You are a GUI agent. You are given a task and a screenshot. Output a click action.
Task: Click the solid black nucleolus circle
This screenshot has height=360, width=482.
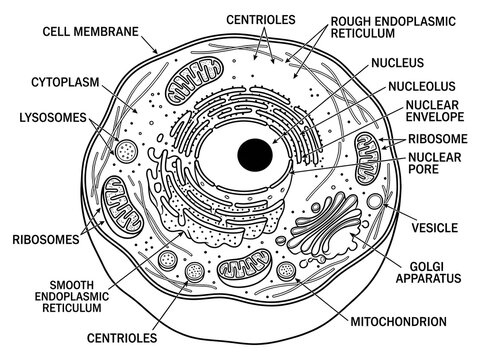255,155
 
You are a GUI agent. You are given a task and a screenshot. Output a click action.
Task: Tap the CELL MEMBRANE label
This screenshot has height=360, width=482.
90,32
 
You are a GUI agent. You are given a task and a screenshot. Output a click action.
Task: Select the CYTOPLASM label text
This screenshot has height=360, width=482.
65,82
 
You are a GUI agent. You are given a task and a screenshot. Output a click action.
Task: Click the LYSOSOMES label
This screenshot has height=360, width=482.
53,118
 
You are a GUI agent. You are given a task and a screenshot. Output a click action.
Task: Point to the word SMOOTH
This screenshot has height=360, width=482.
72,285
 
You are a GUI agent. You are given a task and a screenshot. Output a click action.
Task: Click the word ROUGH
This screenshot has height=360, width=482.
351,21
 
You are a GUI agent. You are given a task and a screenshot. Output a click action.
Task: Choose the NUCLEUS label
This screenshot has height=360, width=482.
398,62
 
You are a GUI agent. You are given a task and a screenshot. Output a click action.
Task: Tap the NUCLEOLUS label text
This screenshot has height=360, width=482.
422,87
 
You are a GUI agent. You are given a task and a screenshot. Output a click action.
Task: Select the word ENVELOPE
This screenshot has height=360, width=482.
435,117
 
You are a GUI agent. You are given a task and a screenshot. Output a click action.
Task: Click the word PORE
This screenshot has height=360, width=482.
424,169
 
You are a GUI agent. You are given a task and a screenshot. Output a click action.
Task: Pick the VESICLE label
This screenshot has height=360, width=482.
435,228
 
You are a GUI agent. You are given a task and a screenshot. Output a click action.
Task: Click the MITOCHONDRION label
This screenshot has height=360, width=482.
398,322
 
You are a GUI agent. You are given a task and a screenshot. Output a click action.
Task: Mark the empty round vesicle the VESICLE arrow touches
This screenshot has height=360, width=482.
375,202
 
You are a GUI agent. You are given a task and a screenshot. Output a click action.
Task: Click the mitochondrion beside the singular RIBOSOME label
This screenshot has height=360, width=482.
367,159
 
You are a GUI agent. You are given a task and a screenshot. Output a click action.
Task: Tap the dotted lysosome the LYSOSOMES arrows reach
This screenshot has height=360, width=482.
126,151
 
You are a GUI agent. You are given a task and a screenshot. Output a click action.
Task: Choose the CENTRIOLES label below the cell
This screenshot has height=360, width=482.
122,338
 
